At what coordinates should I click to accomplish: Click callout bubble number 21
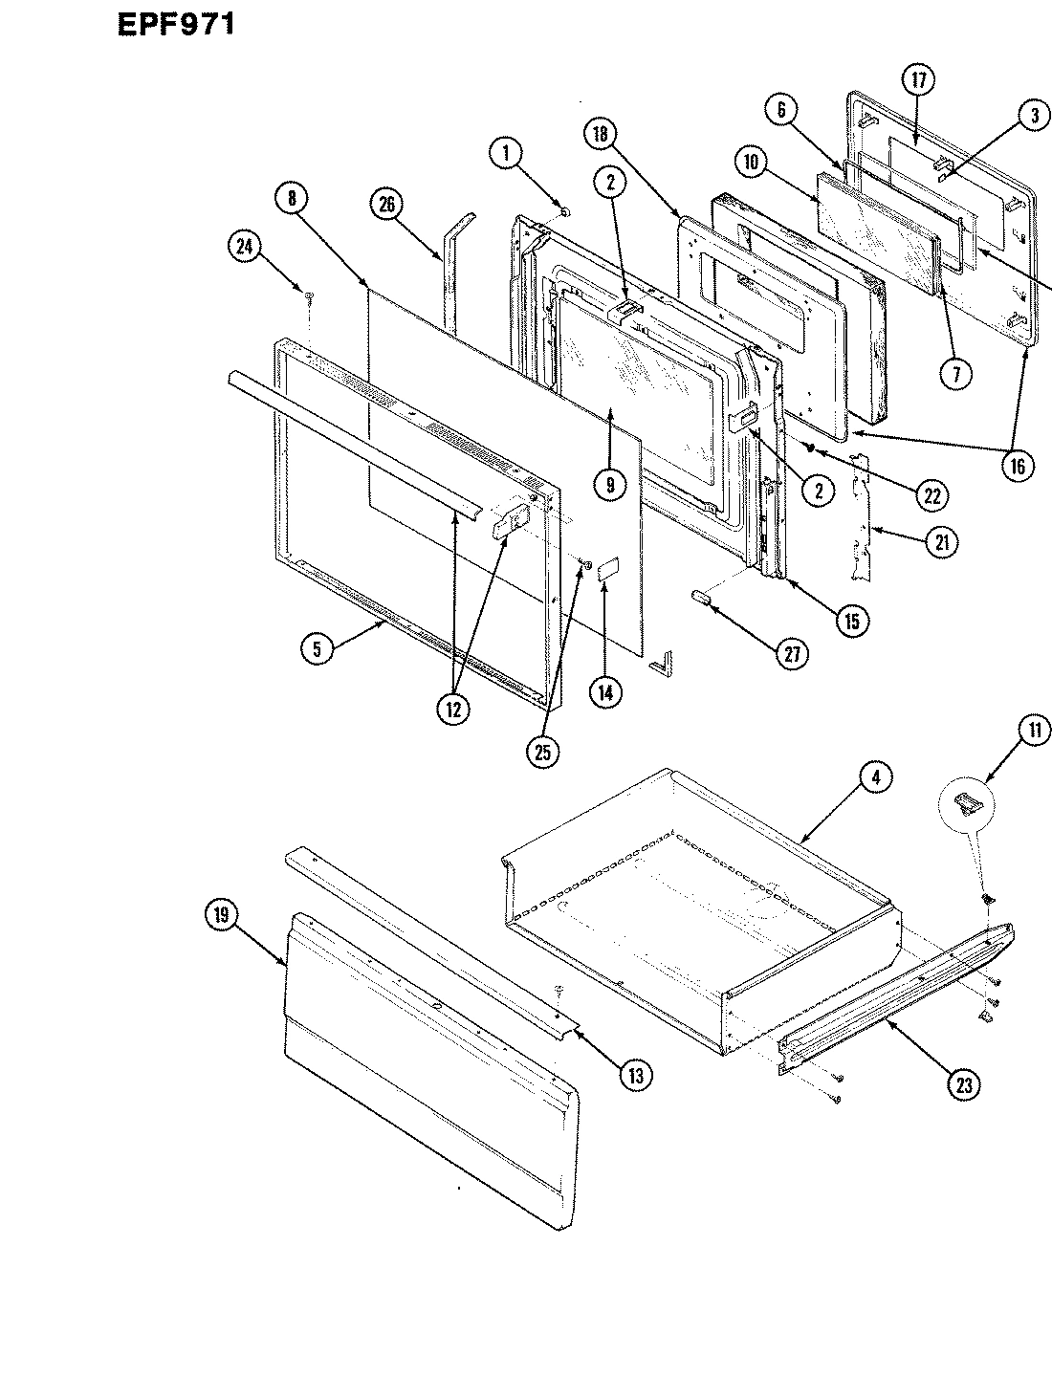(944, 540)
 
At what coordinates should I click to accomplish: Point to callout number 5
(318, 648)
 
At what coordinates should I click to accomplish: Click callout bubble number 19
(222, 915)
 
